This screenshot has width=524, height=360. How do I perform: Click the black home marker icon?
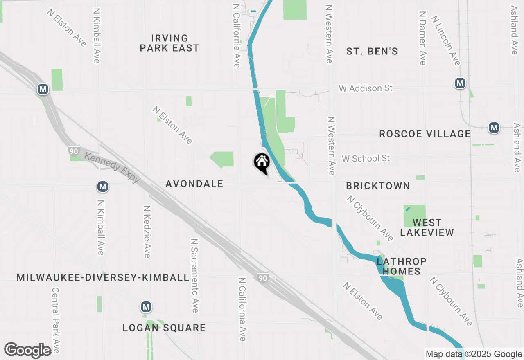pyautogui.click(x=262, y=162)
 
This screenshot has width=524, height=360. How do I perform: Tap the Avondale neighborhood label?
pyautogui.click(x=194, y=184)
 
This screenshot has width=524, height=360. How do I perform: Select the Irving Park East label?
pyautogui.click(x=169, y=43)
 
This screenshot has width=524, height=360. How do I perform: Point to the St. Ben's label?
pyautogui.click(x=372, y=52)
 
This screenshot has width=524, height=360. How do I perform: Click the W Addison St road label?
pyautogui.click(x=366, y=88)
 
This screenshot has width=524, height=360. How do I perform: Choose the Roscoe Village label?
pyautogui.click(x=425, y=134)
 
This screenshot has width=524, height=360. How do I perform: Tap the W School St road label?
pyautogui.click(x=366, y=158)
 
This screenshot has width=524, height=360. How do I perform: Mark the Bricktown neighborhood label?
pyautogui.click(x=378, y=186)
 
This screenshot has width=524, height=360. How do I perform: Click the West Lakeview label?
pyautogui.click(x=427, y=228)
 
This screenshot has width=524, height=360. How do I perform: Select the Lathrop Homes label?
pyautogui.click(x=396, y=266)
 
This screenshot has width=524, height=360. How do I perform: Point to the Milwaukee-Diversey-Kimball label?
pyautogui.click(x=103, y=278)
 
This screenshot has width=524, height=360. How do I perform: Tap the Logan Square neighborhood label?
pyautogui.click(x=164, y=328)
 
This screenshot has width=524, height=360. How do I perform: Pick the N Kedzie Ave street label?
pyautogui.click(x=147, y=231)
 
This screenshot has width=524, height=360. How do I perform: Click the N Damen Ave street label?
pyautogui.click(x=423, y=38)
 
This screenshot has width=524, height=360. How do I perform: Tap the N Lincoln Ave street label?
pyautogui.click(x=446, y=40)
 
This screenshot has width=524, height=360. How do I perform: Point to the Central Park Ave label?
pyautogui.click(x=56, y=320)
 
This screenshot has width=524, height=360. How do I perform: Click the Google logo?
pyautogui.click(x=28, y=351)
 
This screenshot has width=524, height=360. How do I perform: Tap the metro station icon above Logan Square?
pyautogui.click(x=146, y=306)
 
